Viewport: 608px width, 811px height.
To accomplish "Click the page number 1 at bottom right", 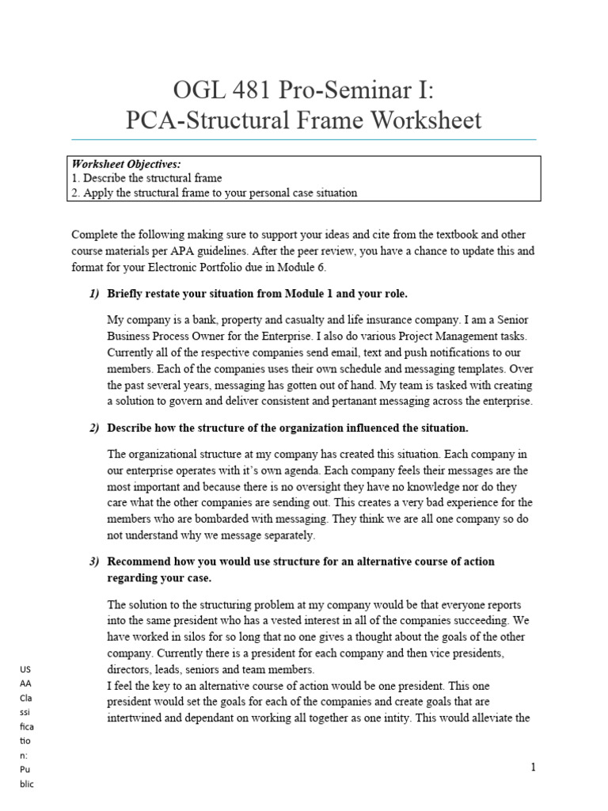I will (x=534, y=767).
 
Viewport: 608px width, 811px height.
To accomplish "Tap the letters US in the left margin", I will (x=24, y=670).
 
